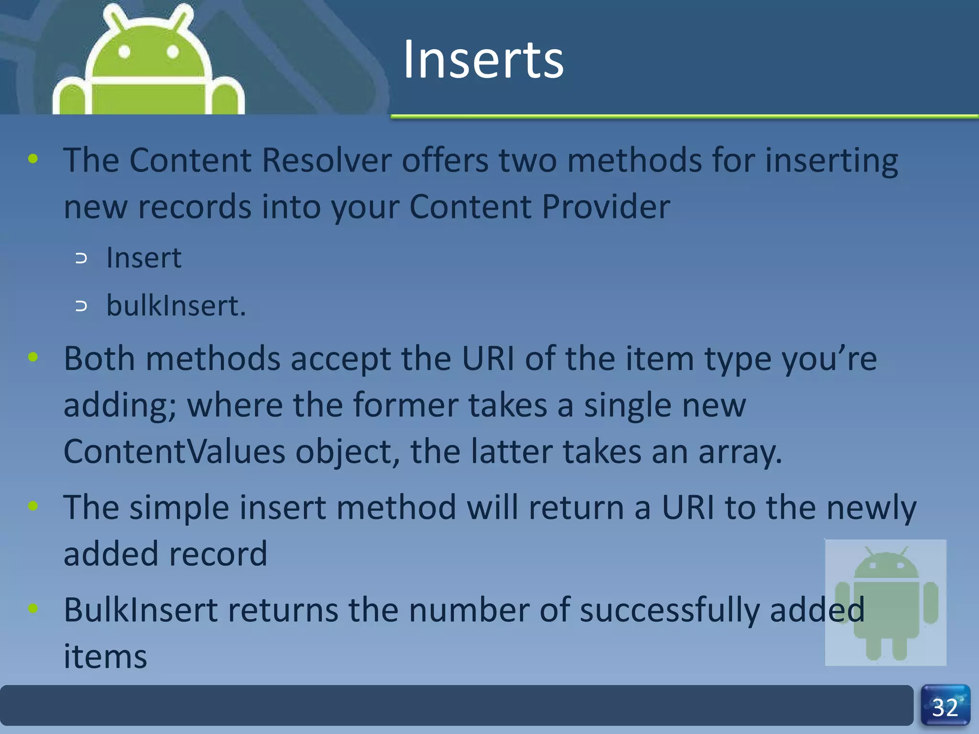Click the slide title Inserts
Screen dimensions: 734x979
point(483,60)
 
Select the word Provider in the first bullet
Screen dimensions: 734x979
point(606,207)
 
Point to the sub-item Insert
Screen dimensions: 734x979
point(143,258)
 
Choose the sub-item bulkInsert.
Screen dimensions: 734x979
point(175,306)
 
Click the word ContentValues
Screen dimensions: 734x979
point(174,452)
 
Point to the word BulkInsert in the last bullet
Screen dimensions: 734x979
point(141,610)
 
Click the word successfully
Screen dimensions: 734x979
point(669,611)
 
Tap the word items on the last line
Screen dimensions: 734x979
point(105,657)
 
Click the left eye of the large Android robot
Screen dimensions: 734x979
point(124,52)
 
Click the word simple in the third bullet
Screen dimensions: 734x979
point(179,507)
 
